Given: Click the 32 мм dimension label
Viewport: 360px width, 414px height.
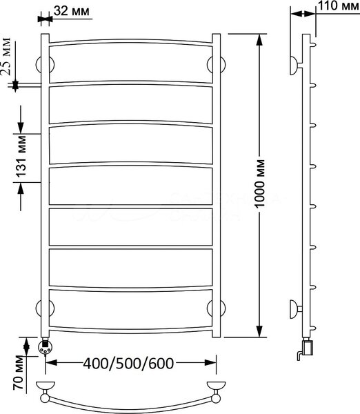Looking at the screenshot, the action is (x=72, y=11).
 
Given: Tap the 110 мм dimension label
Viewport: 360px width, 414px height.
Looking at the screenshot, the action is (x=339, y=6).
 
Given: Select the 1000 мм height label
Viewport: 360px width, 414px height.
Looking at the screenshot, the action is (x=260, y=184).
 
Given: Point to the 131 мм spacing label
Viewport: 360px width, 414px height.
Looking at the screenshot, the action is (x=21, y=157).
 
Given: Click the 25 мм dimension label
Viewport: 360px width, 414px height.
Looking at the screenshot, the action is (x=6, y=57).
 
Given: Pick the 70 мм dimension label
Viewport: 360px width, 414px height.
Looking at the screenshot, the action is (x=19, y=373).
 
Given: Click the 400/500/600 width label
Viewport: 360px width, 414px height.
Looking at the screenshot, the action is (x=128, y=364).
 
